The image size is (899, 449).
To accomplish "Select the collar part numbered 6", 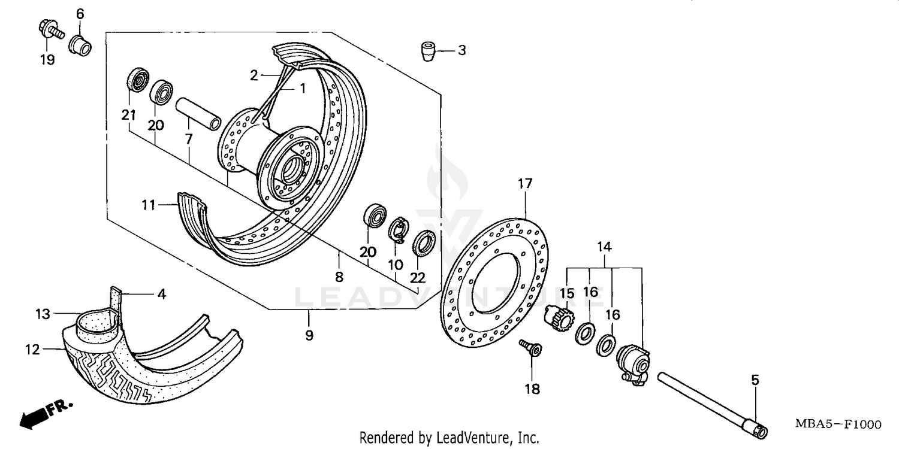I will [80, 45].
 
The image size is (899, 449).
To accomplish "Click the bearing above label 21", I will [138, 80].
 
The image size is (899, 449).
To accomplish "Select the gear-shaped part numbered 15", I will [558, 316].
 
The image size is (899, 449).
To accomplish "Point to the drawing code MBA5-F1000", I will [838, 424].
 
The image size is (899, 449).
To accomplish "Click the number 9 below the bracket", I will [309, 335].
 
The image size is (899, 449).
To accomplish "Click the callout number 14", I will [604, 246].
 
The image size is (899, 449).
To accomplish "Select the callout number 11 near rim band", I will [148, 205].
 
